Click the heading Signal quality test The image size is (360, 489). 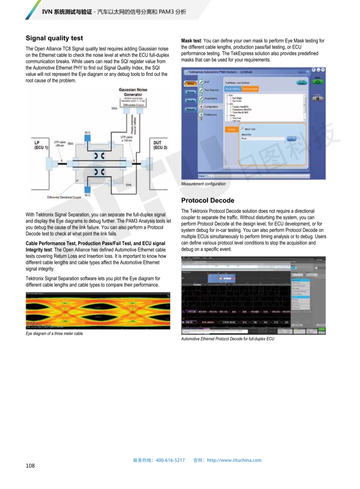[x=54, y=38]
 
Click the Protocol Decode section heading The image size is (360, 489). [x=207, y=200]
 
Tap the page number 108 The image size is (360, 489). [x=30, y=465]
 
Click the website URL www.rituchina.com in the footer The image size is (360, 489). [x=234, y=460]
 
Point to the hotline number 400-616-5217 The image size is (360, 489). [x=170, y=460]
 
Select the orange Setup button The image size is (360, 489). [x=191, y=84]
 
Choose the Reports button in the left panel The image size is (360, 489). [x=191, y=109]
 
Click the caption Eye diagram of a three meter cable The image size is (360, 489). [x=54, y=334]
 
